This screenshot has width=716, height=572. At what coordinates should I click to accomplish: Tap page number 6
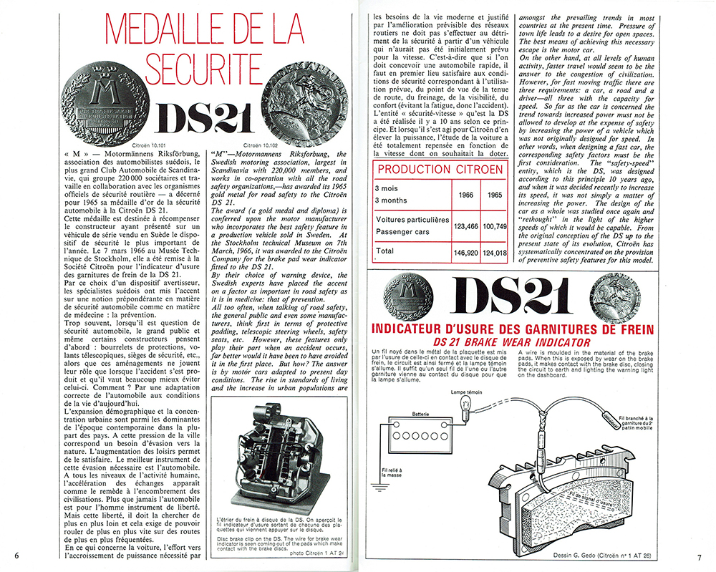tap(15, 555)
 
